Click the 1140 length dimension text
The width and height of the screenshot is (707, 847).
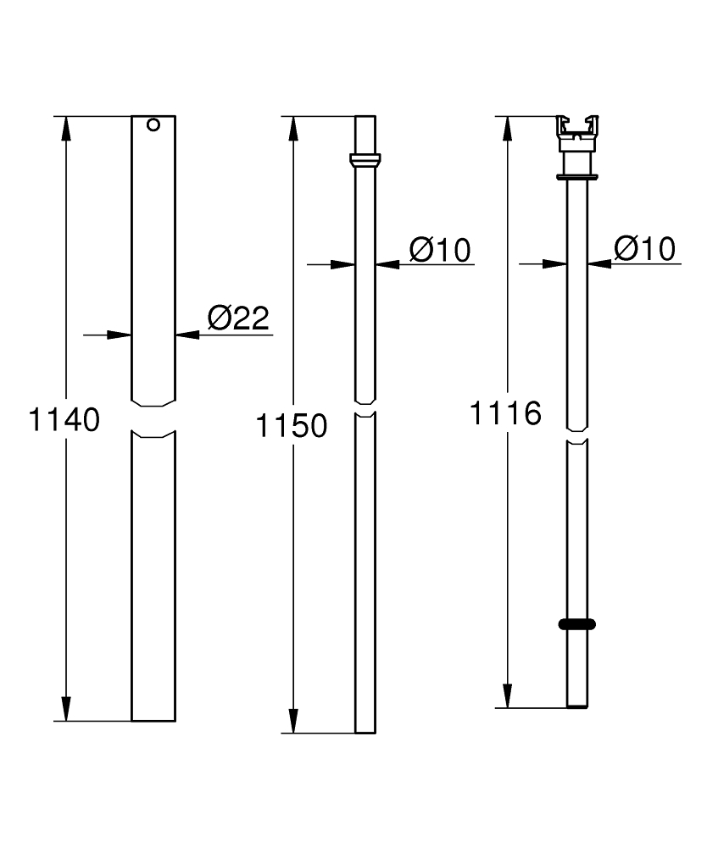tap(65, 419)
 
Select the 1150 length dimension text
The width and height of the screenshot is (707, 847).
tap(292, 426)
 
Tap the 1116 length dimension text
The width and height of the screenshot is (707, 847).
tap(506, 413)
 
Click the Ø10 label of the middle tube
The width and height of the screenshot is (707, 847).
tap(439, 249)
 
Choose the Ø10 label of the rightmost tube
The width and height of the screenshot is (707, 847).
tap(645, 248)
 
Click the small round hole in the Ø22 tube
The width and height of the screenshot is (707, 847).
tap(153, 125)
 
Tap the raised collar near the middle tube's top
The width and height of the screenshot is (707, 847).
tap(365, 160)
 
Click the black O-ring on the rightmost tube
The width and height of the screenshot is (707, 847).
tap(577, 624)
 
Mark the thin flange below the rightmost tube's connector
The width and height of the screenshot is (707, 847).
tap(577, 177)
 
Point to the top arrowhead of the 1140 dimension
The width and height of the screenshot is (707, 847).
tap(65, 127)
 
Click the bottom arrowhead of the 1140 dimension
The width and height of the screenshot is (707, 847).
tap(65, 709)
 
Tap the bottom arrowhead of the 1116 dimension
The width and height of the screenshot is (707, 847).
tap(506, 695)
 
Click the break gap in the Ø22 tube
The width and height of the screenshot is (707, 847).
tap(153, 418)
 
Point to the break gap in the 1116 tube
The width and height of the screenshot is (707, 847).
tap(577, 435)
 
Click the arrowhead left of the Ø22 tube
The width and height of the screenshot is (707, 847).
tap(120, 335)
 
